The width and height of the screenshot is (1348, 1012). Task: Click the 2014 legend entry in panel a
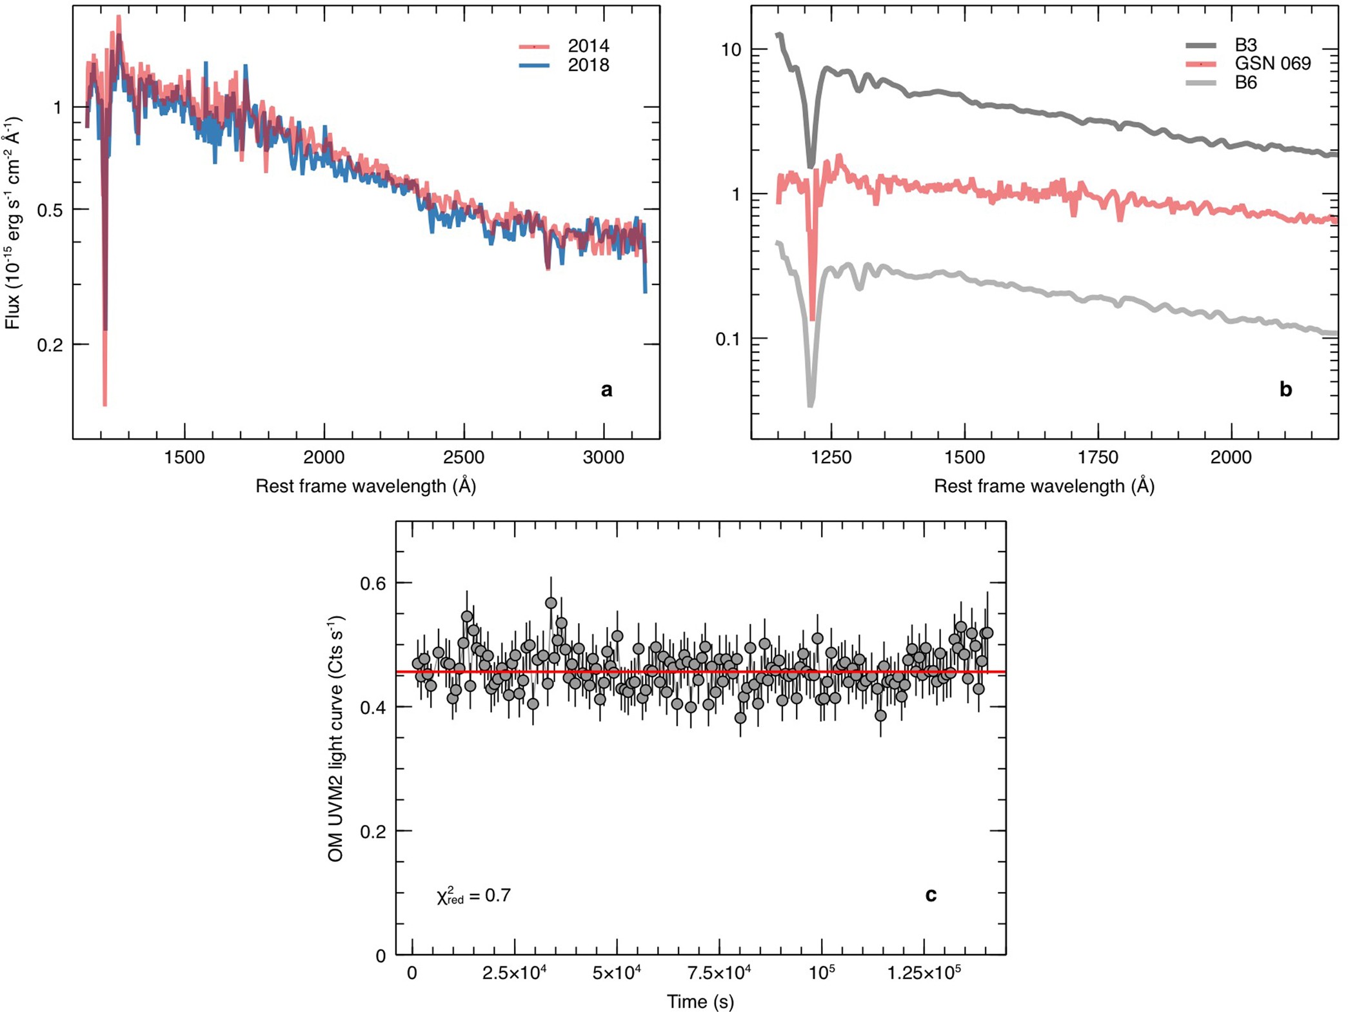coord(588,46)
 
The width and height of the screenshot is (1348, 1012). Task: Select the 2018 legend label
coord(588,65)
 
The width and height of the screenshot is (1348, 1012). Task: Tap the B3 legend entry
coord(1245,45)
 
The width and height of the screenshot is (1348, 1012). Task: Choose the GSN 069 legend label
coord(1272,63)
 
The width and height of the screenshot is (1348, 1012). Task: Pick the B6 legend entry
coord(1245,83)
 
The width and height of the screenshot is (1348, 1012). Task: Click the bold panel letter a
coord(606,389)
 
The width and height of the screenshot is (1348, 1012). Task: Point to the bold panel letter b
coord(1285,389)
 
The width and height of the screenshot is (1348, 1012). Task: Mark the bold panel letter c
coord(930,895)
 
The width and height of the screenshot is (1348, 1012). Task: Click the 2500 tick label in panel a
coord(464,457)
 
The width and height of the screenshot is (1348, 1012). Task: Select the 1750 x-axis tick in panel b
coord(1097,457)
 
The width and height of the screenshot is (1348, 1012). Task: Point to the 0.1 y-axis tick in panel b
coord(729,339)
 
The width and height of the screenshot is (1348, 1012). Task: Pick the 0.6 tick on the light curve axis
coord(373,583)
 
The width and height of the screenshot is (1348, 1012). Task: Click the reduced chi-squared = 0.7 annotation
coord(473,895)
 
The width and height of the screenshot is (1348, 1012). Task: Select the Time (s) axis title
coord(700,1002)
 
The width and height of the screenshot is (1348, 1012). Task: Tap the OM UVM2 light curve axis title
coord(335,738)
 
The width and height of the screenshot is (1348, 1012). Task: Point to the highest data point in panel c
coord(551,602)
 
